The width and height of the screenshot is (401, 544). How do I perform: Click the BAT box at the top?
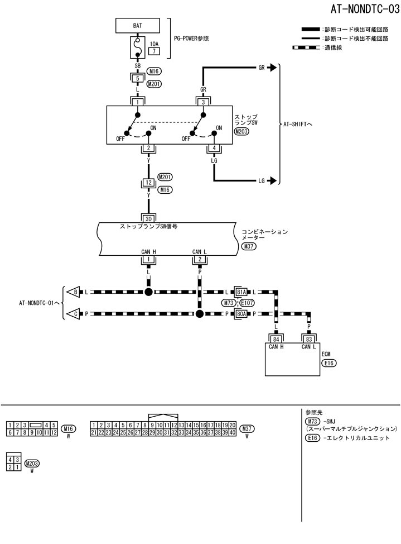137,26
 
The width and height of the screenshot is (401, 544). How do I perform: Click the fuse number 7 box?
153,51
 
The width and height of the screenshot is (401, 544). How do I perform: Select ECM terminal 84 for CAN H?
275,339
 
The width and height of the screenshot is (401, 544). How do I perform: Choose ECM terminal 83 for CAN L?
308,339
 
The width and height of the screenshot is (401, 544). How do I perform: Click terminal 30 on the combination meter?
148,219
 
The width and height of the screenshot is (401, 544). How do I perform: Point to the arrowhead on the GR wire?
272,68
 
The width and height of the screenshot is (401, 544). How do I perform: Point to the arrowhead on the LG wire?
272,180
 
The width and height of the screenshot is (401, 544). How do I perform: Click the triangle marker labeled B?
73,292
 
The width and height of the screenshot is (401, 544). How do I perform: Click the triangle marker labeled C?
73,314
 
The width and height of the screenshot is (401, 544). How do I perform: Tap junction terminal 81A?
241,292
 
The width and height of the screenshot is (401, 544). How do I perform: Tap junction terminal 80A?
241,314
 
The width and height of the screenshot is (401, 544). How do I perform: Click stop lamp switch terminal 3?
204,102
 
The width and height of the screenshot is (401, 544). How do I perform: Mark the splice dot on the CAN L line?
199,314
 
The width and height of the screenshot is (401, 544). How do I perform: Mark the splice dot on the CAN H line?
148,292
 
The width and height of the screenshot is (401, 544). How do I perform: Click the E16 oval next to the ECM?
329,362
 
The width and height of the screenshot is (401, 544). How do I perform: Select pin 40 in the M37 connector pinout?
232,432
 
